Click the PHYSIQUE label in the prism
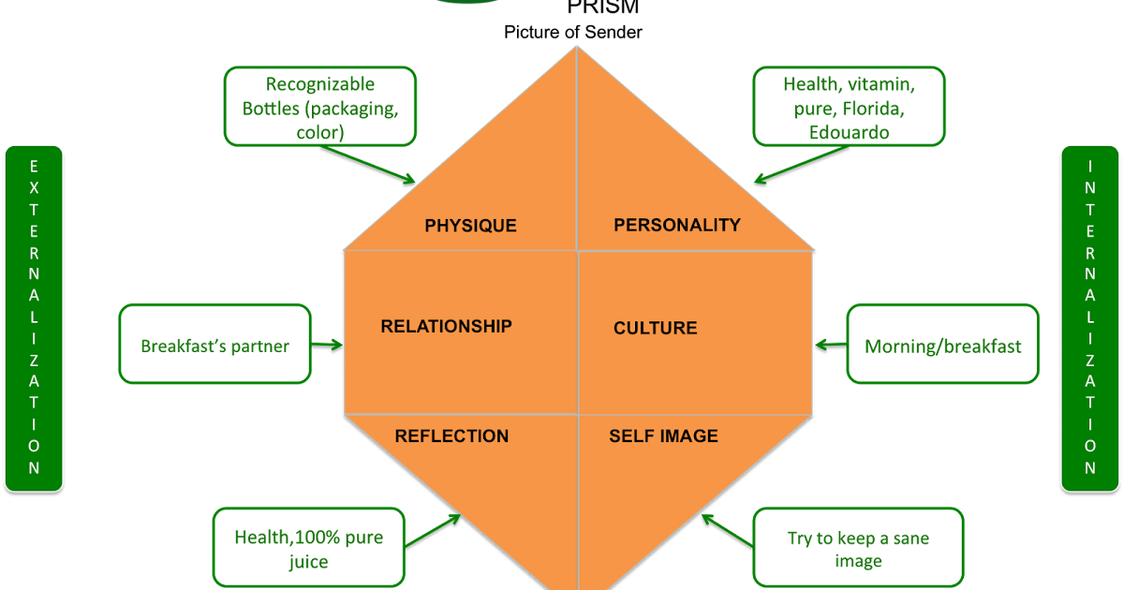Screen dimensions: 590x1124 (x=470, y=226)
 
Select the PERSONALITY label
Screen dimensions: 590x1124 (x=676, y=225)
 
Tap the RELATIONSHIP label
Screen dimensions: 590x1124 (x=446, y=326)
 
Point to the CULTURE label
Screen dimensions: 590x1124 (x=655, y=328)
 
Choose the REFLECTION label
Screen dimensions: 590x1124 (x=451, y=436)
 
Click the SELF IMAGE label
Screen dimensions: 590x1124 (x=663, y=436)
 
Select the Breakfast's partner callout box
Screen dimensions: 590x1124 (x=214, y=344)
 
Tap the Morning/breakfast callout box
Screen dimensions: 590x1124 (x=942, y=345)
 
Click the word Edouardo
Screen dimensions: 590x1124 (x=849, y=132)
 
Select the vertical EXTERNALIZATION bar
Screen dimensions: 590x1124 (x=34, y=318)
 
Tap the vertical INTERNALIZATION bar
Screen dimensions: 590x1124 (x=1090, y=318)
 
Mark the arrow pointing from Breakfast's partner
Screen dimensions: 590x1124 (x=327, y=344)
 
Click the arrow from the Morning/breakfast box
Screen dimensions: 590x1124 (x=831, y=345)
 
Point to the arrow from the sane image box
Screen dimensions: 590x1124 (x=727, y=530)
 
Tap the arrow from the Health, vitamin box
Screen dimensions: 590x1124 (x=802, y=163)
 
